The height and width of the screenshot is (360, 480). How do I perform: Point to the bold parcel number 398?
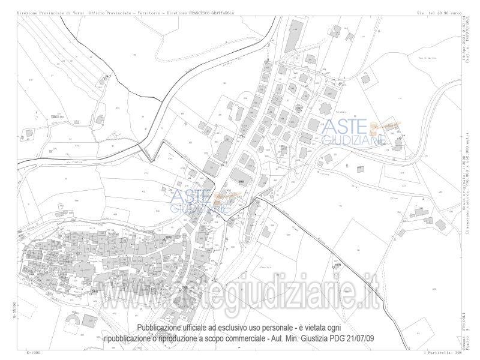click(241, 181)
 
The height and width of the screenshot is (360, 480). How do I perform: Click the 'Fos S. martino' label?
click(427, 59)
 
